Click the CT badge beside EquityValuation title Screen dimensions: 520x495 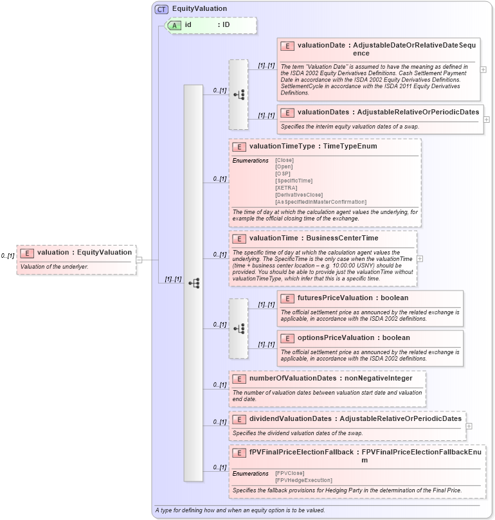coord(161,9)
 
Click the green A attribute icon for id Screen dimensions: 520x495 coord(174,25)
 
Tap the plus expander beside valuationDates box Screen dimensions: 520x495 coord(486,119)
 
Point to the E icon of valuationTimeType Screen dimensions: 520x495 coord(239,147)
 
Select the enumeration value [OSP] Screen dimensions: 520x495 coord(282,174)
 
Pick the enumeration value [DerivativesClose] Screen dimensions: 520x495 coord(299,195)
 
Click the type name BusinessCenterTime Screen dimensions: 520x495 coord(346,238)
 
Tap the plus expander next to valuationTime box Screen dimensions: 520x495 coord(420,258)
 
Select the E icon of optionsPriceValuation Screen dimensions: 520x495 coord(287,337)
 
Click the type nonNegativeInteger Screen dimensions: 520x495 coord(375,378)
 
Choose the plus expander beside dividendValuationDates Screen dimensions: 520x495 coord(469,426)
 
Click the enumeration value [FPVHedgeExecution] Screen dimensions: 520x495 coord(303,480)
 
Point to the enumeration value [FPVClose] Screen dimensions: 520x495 coord(290,473)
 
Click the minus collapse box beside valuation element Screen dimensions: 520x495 coord(138,260)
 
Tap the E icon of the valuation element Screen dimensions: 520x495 coord(27,253)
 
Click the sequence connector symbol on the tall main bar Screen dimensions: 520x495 coord(194,282)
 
